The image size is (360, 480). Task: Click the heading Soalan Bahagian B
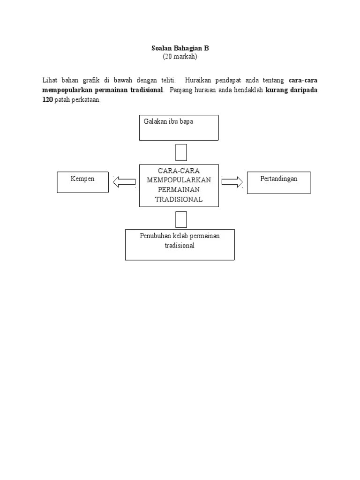pos(180,48)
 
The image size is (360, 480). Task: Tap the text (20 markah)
pos(180,56)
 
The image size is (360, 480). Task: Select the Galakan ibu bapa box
pos(179,127)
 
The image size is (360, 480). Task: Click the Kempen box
pos(82,182)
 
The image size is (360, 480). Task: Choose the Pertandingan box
pos(279,183)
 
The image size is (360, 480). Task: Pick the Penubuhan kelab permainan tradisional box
pos(180,245)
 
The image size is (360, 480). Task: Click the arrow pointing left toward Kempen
pos(124,182)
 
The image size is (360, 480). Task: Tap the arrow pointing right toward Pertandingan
pos(232,182)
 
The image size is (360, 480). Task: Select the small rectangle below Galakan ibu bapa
pos(181,152)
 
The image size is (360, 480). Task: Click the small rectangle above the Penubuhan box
pos(181,219)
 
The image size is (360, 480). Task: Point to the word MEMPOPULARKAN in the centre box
pos(179,180)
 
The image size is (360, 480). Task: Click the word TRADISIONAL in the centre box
pos(179,199)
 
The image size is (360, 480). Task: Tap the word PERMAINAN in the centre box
pos(179,189)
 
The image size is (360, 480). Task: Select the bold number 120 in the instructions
pos(47,99)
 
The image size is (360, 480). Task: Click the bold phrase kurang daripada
pos(291,90)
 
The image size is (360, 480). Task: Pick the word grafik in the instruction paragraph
pos(91,80)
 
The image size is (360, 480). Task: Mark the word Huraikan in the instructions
pos(198,80)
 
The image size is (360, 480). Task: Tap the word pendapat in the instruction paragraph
pos(228,81)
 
